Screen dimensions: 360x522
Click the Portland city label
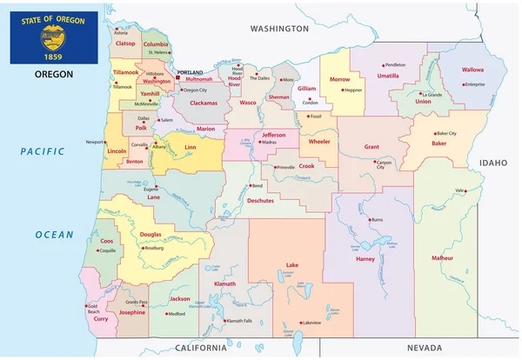click(x=190, y=73)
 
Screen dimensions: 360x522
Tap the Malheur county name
click(x=442, y=258)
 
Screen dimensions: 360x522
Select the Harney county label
click(x=365, y=258)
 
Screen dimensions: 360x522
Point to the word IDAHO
click(x=492, y=163)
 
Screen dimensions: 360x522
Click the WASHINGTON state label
click(x=279, y=29)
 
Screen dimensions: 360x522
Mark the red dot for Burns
click(x=370, y=218)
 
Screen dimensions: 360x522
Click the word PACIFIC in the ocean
click(x=43, y=153)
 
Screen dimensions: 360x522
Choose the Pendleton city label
click(x=395, y=65)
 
